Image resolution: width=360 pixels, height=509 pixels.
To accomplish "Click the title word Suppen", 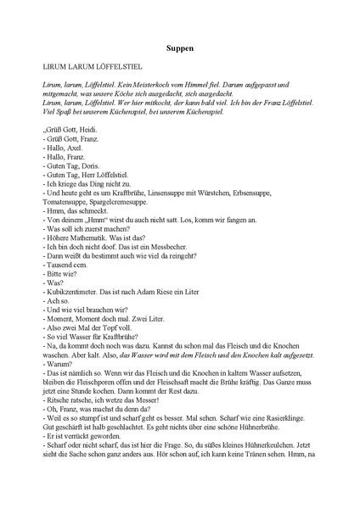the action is [179, 49].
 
